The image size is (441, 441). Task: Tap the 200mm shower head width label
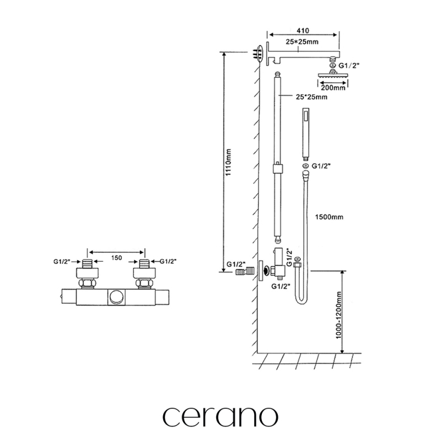(332, 87)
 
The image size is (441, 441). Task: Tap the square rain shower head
(333, 76)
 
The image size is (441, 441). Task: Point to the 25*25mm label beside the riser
(311, 98)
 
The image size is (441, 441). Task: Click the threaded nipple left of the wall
(243, 272)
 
